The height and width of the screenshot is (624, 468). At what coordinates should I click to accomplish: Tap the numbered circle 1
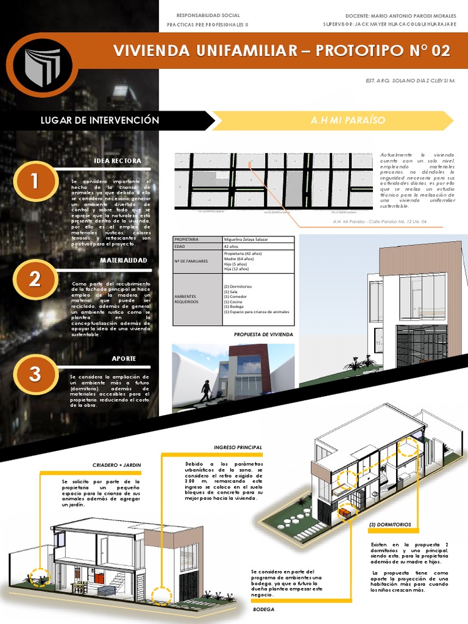[35, 181]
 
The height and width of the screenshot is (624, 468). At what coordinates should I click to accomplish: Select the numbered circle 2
[35, 279]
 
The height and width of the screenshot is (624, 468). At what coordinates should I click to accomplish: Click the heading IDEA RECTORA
[118, 161]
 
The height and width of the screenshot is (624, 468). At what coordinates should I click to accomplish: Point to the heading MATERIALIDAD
[124, 261]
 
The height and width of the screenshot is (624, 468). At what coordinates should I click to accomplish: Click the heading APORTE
[124, 358]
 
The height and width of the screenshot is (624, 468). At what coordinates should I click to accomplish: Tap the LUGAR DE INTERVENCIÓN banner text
[99, 120]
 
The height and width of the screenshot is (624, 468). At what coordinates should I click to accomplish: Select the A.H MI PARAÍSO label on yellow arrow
[347, 120]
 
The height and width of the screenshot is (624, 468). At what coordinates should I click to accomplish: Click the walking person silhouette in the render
[206, 391]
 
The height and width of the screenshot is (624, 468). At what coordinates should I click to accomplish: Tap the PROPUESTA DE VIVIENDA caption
[263, 335]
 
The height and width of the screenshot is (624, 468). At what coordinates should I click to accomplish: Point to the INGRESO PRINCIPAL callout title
[238, 447]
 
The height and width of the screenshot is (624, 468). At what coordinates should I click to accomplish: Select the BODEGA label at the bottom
[264, 609]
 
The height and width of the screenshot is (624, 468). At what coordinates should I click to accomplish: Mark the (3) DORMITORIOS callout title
[390, 524]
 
